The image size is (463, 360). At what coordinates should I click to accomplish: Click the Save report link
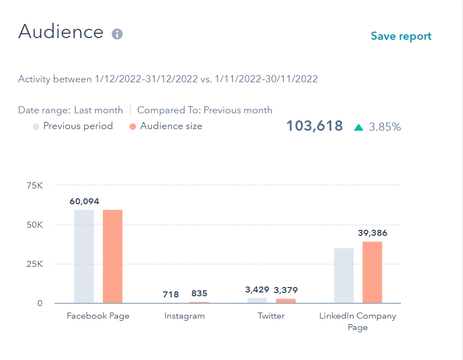coord(401,36)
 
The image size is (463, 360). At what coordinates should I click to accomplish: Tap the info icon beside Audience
coord(117,34)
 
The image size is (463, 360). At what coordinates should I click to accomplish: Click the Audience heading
coord(61,32)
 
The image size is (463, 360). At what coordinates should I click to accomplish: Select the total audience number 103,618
coord(314,126)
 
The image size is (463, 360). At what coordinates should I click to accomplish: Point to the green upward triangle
coord(358,127)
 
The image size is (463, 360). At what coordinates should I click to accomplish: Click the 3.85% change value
coord(385,127)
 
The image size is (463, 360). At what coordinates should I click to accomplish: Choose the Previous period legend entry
coord(78,126)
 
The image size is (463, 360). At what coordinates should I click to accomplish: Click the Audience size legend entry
coord(171,126)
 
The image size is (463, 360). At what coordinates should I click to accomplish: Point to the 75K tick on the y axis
coord(34,186)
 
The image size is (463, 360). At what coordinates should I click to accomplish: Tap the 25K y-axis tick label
coord(34,264)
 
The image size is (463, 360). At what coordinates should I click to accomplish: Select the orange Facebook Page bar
coord(113,256)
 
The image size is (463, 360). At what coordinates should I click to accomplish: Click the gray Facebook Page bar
coord(84,256)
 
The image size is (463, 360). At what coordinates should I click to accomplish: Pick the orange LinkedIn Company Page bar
coord(372,272)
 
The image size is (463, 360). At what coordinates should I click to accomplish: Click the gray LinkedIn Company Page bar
coord(344,276)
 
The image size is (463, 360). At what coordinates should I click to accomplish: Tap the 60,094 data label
coord(84,202)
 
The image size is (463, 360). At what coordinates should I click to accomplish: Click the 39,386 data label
coord(372,233)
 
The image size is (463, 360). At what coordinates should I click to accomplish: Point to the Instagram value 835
coord(199,294)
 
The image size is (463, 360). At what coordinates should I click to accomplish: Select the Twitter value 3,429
coord(257,290)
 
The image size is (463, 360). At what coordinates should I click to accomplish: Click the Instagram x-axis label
coord(184,316)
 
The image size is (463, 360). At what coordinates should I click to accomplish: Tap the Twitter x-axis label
coord(271,316)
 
